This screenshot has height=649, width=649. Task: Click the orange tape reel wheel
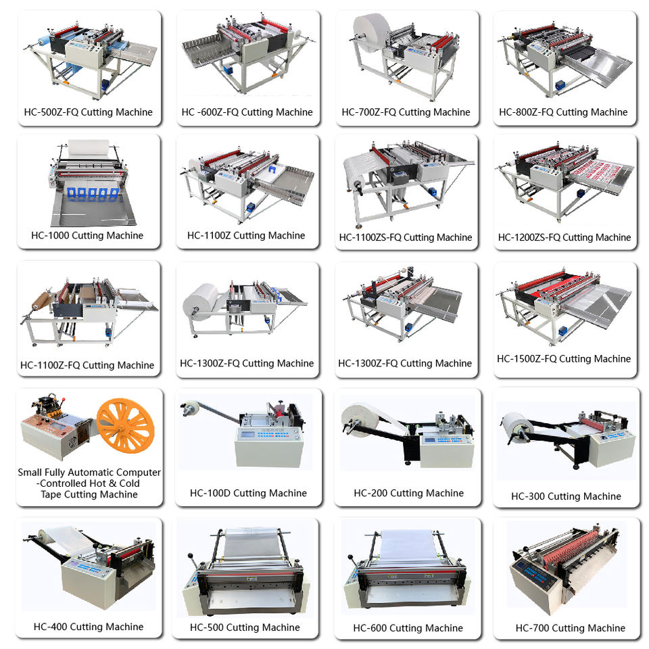(126, 425)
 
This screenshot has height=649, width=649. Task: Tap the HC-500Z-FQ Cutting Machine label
(88, 112)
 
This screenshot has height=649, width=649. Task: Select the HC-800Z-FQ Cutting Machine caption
(563, 112)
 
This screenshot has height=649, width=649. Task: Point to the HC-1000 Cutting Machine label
(87, 235)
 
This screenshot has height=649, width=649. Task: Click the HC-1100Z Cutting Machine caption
(246, 235)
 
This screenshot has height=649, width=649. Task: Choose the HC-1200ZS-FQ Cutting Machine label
(564, 237)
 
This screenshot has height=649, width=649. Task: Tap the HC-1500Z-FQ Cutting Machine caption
(564, 359)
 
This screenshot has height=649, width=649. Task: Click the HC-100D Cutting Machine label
(248, 493)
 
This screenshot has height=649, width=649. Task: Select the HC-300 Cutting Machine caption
(567, 496)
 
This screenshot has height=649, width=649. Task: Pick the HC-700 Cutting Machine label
(571, 628)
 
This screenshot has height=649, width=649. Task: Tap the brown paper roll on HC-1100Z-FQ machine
(41, 300)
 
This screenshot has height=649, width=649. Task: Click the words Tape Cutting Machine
(89, 495)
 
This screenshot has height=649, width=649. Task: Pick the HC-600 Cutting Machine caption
(408, 628)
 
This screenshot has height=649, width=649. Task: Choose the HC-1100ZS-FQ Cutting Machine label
(406, 237)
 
